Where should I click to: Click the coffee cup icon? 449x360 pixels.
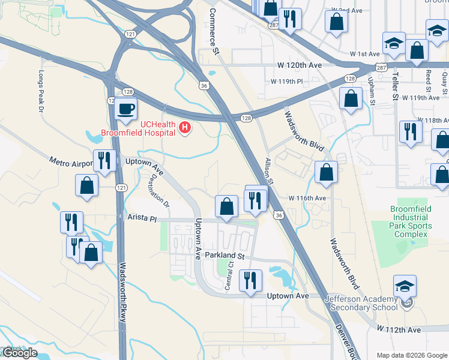tap(125, 109)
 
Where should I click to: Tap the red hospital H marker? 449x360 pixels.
tap(185, 128)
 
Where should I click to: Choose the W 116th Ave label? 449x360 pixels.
tap(307, 197)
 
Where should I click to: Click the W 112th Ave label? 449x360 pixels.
tap(398, 329)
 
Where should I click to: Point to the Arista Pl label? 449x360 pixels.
tap(141, 218)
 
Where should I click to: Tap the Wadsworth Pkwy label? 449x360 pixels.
tap(122, 294)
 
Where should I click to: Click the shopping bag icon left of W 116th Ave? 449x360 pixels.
tap(226, 206)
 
